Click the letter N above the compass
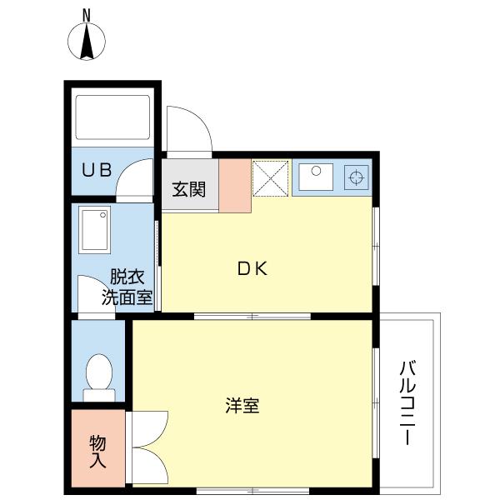click(87, 16)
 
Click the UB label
click(97, 170)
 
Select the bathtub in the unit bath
click(112, 117)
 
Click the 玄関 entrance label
click(189, 189)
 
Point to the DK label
click(252, 268)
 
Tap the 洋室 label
click(242, 405)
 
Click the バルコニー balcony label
click(407, 402)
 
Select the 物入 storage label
click(97, 451)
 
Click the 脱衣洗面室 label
click(127, 287)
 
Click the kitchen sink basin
click(316, 177)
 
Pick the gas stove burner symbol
click(357, 177)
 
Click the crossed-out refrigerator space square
click(270, 178)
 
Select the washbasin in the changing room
click(95, 230)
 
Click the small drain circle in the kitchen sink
click(316, 171)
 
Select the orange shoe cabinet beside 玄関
click(235, 186)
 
